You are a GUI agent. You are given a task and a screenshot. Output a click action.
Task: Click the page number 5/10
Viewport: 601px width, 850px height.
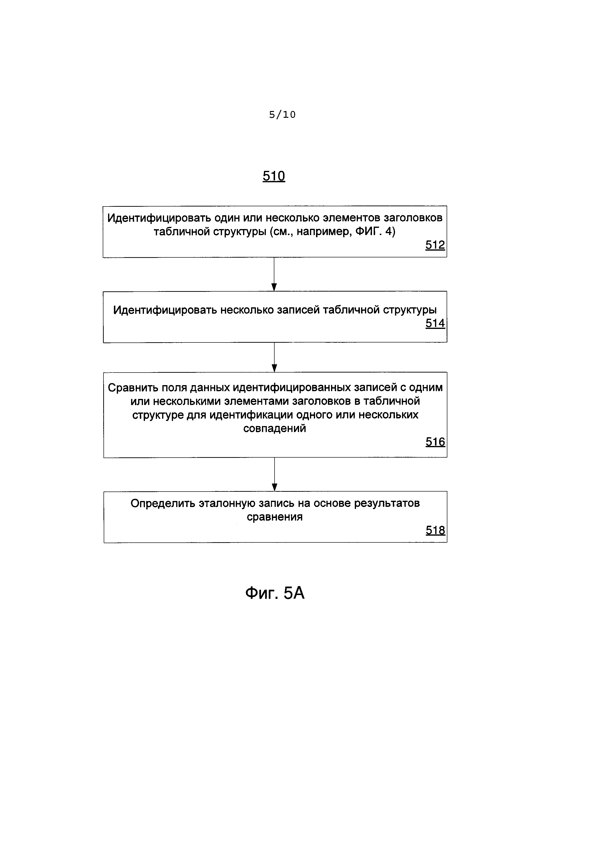(x=282, y=115)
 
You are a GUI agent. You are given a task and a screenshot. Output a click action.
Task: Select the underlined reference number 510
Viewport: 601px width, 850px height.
(x=274, y=176)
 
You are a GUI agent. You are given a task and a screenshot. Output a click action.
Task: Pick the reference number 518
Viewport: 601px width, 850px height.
(x=435, y=531)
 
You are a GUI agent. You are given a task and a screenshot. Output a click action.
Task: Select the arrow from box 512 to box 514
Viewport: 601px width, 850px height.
(x=274, y=274)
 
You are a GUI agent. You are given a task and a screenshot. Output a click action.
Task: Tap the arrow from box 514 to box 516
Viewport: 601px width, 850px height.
(x=274, y=357)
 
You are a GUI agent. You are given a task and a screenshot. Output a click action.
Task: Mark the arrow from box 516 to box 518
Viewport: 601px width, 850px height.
(x=275, y=474)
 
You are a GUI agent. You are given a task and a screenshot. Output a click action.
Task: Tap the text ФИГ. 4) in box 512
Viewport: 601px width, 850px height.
(x=375, y=232)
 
